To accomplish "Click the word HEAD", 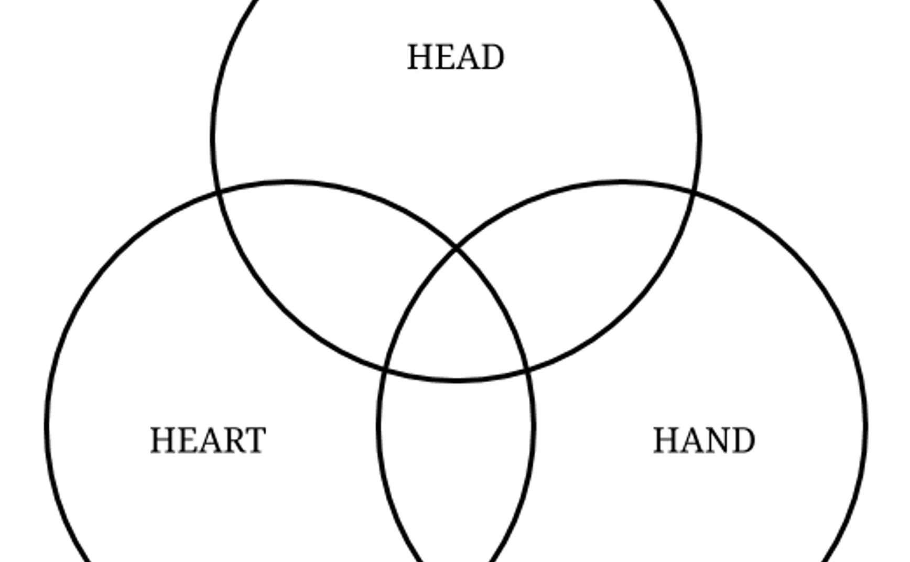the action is (456, 57).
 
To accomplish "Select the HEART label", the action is (208, 440).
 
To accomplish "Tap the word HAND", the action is (704, 440).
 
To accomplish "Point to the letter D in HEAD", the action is (493, 57).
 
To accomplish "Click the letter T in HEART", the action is (255, 440).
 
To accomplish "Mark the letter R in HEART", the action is (231, 440).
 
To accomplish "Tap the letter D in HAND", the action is (743, 440).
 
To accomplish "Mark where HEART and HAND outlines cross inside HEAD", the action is (456, 247).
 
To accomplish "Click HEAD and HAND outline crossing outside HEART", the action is (695, 193).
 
